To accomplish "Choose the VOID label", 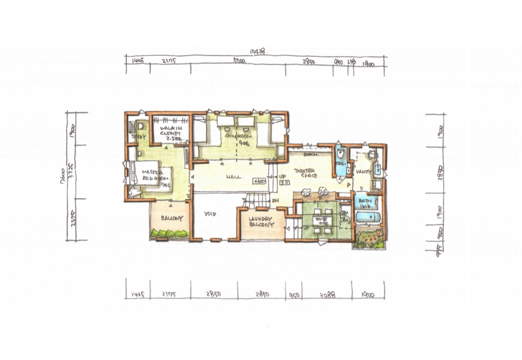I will [211, 214].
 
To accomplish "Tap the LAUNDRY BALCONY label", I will [261, 222].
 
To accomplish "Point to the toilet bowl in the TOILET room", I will [340, 154].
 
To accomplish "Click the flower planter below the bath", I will [368, 239].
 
